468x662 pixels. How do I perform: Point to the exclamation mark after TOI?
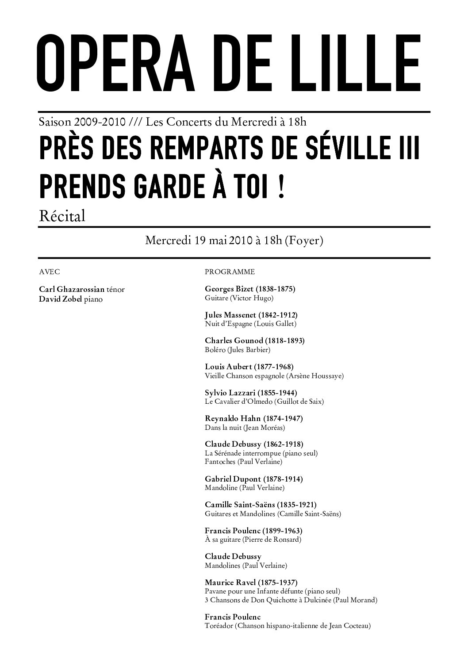pyautogui.click(x=281, y=188)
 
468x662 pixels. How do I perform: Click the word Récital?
pyautogui.click(x=61, y=216)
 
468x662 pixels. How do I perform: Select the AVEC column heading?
pyautogui.click(x=50, y=272)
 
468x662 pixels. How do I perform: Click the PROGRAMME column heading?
pyautogui.click(x=230, y=272)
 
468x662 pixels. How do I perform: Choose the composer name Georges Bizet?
pyautogui.click(x=229, y=289)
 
